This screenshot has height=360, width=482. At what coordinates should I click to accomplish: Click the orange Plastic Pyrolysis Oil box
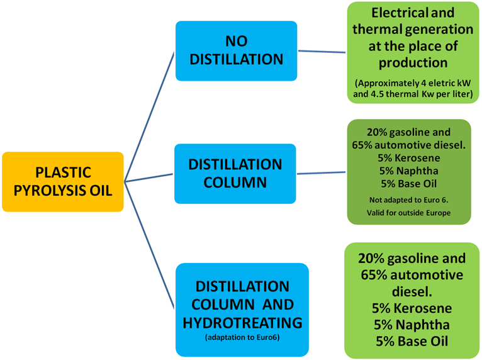tap(63, 181)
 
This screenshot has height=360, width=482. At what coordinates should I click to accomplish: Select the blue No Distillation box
tap(236, 51)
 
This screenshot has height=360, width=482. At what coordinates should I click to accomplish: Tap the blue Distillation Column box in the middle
tap(235, 173)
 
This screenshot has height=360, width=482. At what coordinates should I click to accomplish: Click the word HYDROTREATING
tap(242, 323)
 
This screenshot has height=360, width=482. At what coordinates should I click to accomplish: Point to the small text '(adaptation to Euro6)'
tap(242, 339)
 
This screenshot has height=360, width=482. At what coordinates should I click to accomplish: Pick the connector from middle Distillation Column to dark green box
tap(321, 172)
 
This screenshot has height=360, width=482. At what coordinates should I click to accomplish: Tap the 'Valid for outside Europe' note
tap(408, 213)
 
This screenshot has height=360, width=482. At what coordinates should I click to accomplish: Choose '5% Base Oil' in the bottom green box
tap(412, 342)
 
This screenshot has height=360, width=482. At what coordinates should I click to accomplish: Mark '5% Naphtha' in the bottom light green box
tap(412, 325)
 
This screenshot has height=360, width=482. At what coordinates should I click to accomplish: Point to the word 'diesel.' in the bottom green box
tap(412, 291)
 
